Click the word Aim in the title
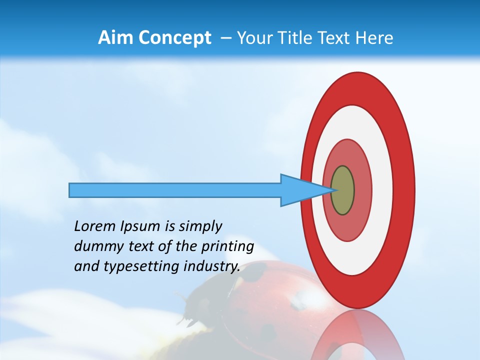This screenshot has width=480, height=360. [115, 38]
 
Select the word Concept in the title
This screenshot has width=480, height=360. [174, 38]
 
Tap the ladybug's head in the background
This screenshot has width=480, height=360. [192, 310]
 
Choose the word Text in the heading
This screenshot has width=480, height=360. [336, 38]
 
